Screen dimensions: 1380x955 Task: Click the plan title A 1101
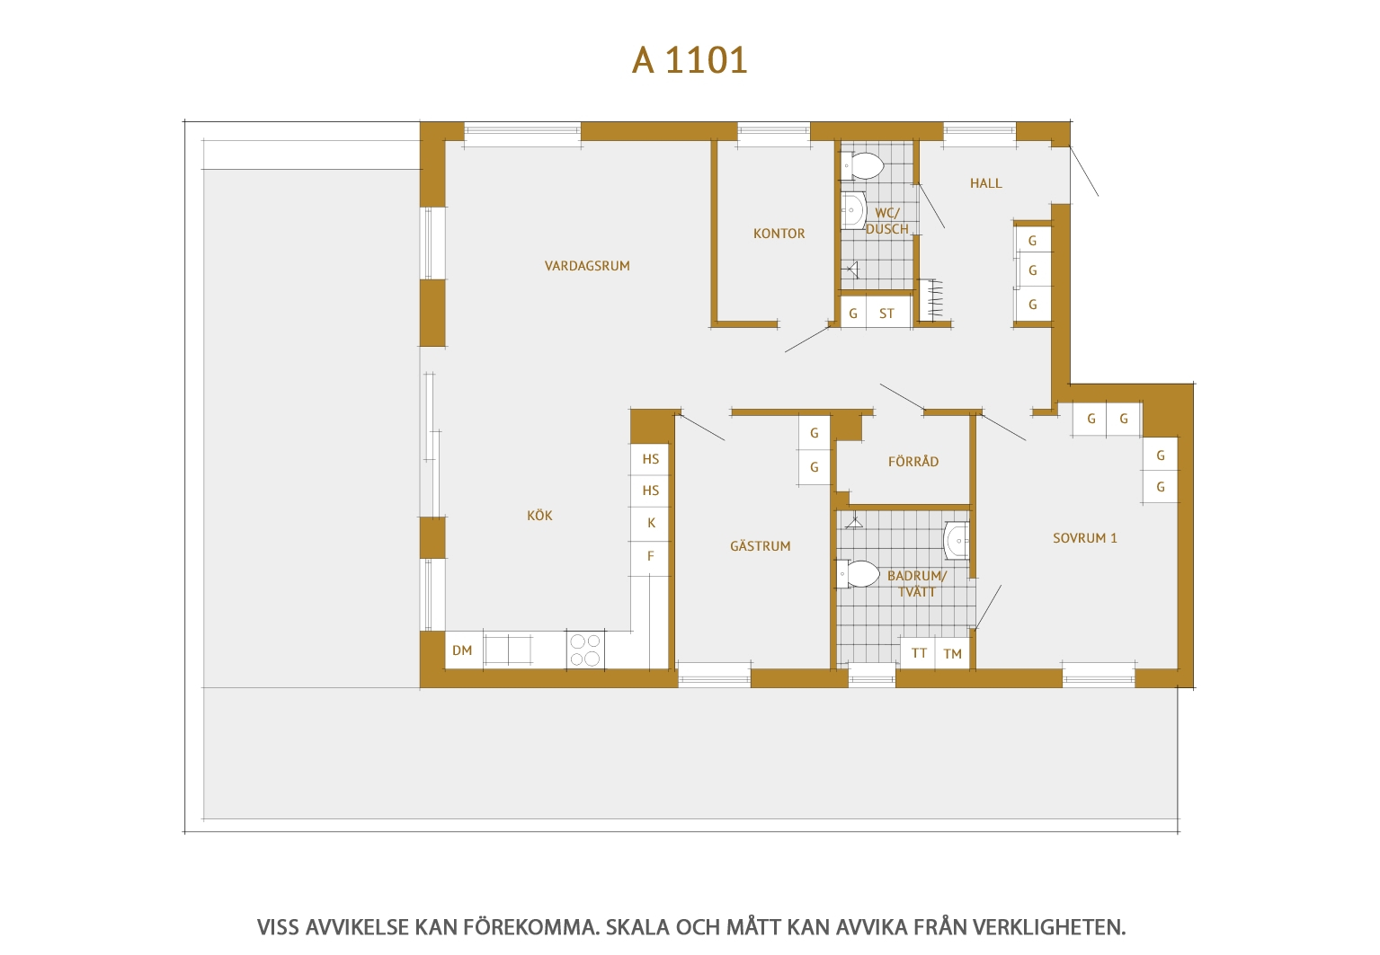pos(690,60)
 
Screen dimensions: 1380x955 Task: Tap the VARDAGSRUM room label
pos(587,266)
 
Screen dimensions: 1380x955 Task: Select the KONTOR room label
pos(779,234)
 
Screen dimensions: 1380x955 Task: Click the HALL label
pos(985,183)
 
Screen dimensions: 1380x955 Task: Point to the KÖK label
pos(539,515)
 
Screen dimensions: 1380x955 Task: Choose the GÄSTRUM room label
pos(761,545)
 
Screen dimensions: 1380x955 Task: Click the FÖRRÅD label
pos(913,461)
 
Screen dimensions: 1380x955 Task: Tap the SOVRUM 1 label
pos(1084,538)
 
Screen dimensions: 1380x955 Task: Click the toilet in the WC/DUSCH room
pos(862,165)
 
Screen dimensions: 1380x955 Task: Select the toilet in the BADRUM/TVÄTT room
pos(858,574)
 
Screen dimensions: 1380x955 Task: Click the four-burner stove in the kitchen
pos(585,650)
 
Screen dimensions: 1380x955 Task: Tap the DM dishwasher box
pos(463,650)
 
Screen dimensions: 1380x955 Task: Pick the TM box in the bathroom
pos(952,653)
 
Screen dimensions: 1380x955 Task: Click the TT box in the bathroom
pos(919,653)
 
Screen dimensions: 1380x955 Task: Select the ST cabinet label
pos(886,314)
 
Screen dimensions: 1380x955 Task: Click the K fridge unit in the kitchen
pos(651,524)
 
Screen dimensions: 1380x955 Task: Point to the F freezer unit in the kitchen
pos(651,557)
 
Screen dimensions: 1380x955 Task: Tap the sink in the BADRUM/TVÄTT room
pos(957,541)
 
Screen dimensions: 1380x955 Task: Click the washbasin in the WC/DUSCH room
pos(853,210)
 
